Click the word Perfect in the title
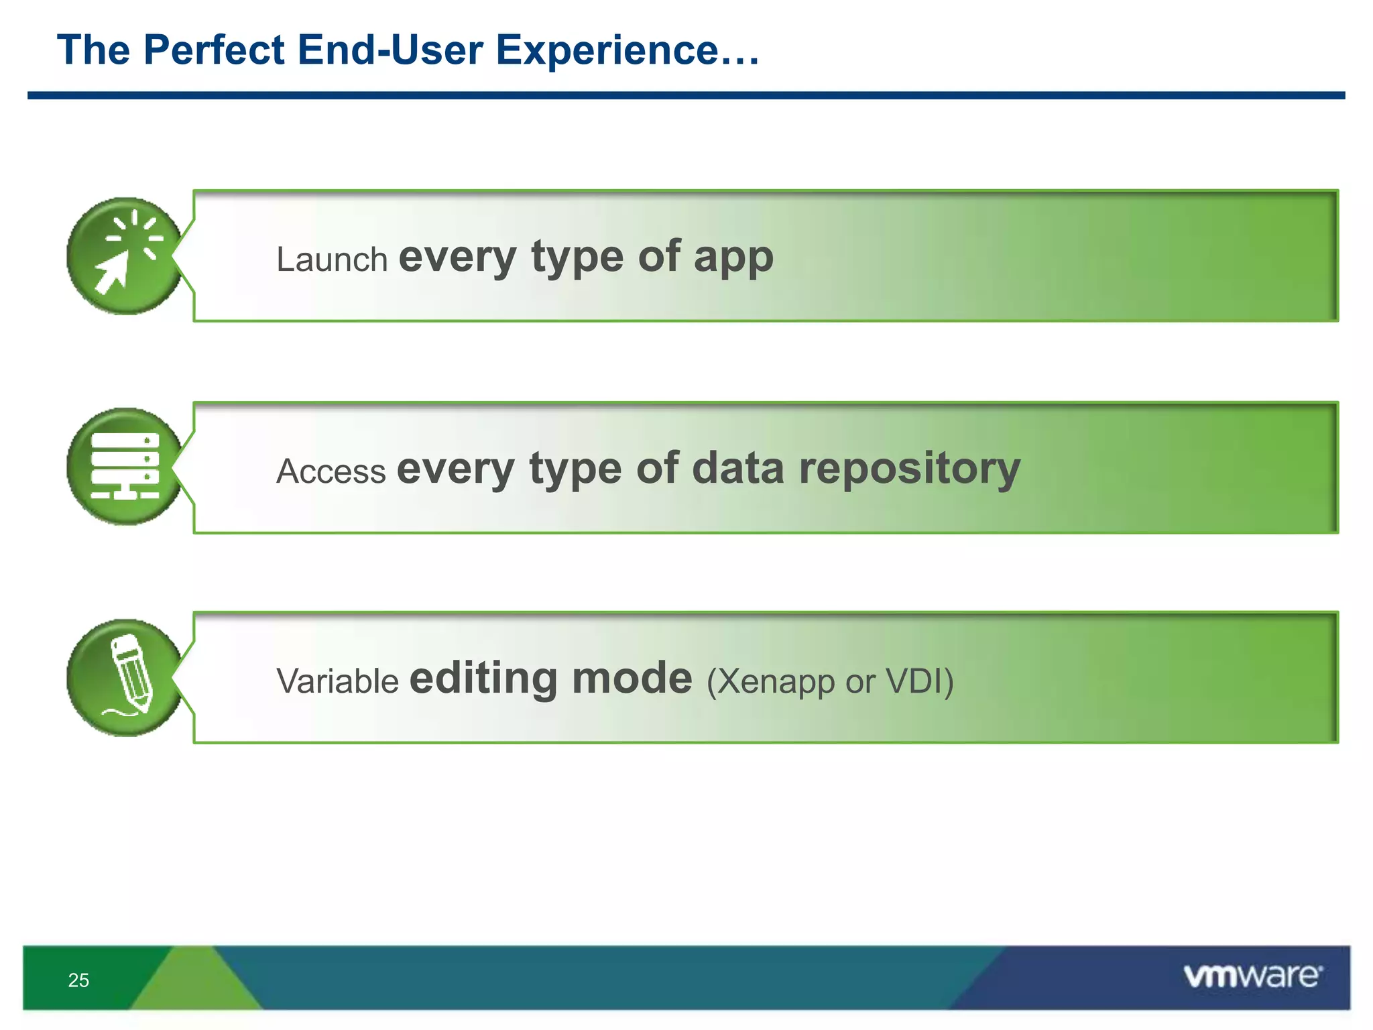[x=214, y=50]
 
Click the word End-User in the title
[x=390, y=50]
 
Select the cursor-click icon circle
[x=124, y=256]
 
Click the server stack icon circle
[x=124, y=467]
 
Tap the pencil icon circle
[x=124, y=677]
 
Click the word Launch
[x=332, y=260]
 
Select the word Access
[x=331, y=471]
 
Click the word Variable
[x=338, y=681]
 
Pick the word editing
[x=483, y=679]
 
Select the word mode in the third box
[x=632, y=679]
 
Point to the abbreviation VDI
[x=914, y=681]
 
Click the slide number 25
[x=78, y=980]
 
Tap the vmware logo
[x=1252, y=976]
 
